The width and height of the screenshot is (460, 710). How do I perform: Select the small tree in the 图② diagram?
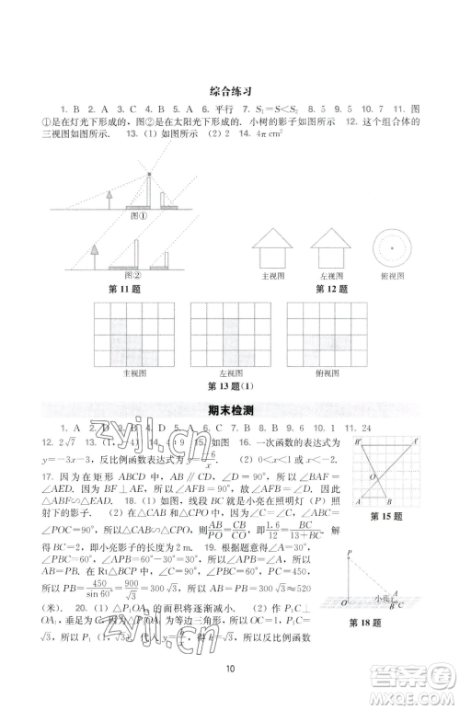[95, 253]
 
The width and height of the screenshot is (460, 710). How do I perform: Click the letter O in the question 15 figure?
[373, 476]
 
